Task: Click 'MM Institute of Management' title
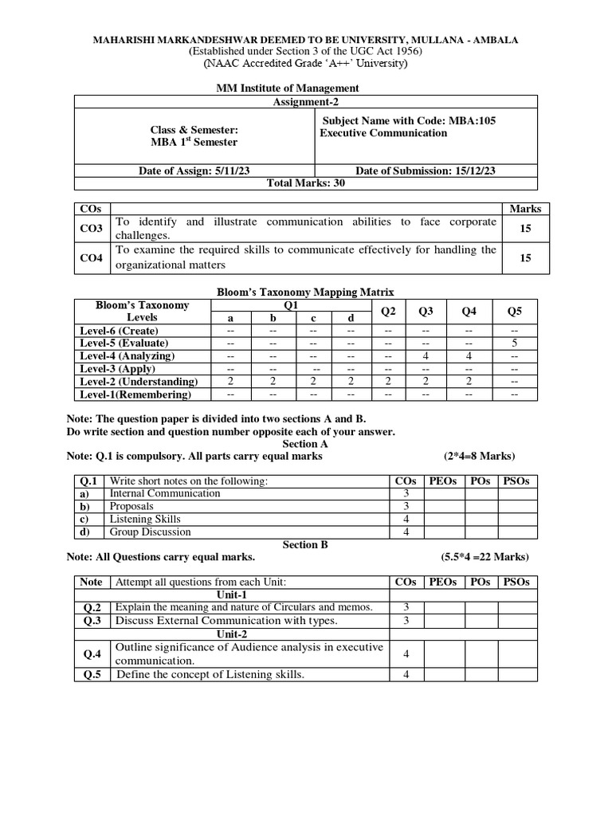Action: pyautogui.click(x=306, y=88)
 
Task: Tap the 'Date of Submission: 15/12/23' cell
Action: pyautogui.click(x=426, y=171)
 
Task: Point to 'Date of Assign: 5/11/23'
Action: pyautogui.click(x=194, y=171)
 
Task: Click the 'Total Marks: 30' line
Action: pyautogui.click(x=306, y=182)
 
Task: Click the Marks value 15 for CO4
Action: pyautogui.click(x=524, y=258)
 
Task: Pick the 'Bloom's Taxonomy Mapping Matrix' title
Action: pyautogui.click(x=306, y=292)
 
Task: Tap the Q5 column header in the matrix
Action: pyautogui.click(x=514, y=311)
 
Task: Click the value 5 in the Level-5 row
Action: pyautogui.click(x=514, y=343)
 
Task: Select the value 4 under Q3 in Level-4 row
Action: pyautogui.click(x=426, y=356)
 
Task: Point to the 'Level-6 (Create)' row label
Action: pyautogui.click(x=120, y=331)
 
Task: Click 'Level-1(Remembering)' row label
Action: pyautogui.click(x=135, y=394)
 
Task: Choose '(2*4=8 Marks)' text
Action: pyautogui.click(x=479, y=456)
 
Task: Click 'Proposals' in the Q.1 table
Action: pyautogui.click(x=132, y=506)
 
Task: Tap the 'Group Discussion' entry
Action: pyautogui.click(x=151, y=532)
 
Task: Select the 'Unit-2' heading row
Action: pyautogui.click(x=232, y=633)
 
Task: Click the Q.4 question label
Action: pyautogui.click(x=92, y=653)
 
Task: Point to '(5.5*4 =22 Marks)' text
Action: pyautogui.click(x=484, y=557)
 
